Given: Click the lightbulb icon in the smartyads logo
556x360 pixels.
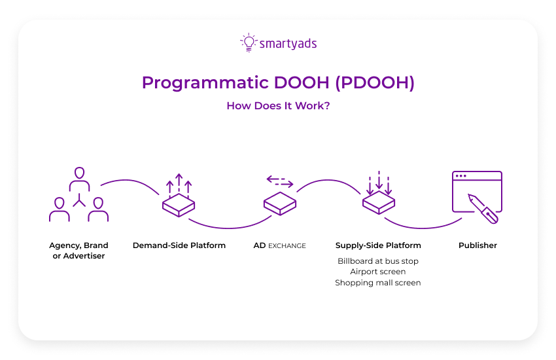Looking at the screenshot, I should tap(249, 43).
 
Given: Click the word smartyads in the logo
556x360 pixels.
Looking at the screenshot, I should tap(288, 44).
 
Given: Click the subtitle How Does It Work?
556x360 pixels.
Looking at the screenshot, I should tap(278, 105).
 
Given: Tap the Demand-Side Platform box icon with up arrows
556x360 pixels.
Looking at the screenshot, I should tap(179, 197).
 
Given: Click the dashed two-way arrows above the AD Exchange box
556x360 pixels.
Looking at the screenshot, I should tap(279, 181).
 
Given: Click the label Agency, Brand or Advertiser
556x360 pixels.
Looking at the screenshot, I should tap(78, 250).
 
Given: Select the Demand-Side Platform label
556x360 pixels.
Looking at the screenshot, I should tap(179, 245).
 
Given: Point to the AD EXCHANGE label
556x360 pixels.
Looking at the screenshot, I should tap(279, 245).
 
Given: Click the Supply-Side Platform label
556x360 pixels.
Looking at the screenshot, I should tap(378, 245).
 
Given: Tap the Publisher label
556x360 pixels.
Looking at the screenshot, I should tap(478, 245).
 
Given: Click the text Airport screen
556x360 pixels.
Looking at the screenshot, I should tap(378, 271).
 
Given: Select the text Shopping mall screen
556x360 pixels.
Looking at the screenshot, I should tap(378, 283).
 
